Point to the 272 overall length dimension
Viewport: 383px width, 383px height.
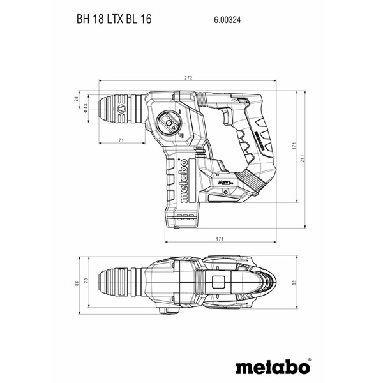point(188,79)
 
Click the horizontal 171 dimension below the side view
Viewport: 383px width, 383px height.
point(219,238)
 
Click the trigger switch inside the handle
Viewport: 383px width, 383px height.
point(228,116)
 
